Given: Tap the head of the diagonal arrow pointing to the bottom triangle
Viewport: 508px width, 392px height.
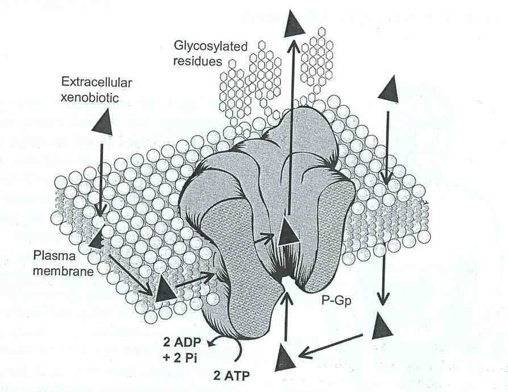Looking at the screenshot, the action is click(x=298, y=357).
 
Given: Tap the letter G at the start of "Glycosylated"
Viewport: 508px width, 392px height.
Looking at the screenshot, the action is click(x=178, y=46).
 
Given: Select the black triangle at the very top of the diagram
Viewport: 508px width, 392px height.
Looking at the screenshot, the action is click(x=295, y=23).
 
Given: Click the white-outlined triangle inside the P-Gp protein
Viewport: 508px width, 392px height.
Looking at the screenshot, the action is click(x=287, y=231).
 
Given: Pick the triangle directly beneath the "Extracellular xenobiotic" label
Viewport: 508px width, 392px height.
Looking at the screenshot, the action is click(x=103, y=122).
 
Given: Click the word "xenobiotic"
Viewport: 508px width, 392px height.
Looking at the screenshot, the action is click(x=90, y=97).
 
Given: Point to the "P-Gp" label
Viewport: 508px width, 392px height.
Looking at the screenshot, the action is click(x=336, y=302).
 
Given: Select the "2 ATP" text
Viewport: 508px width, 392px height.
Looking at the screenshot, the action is click(x=231, y=376).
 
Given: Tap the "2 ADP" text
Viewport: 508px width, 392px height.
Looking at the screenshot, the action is click(x=182, y=343).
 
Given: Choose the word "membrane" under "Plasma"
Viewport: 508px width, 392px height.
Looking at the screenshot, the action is click(x=63, y=271).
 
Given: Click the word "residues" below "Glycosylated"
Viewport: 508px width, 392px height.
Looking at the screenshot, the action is click(x=198, y=61).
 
